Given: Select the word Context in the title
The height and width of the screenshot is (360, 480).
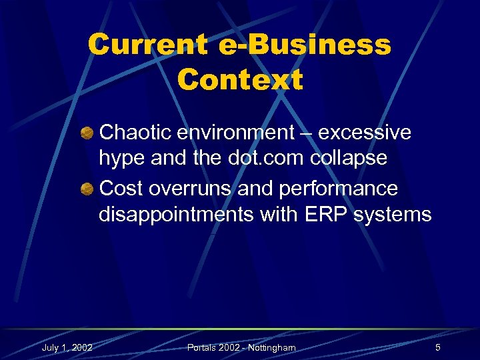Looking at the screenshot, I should click(240, 80).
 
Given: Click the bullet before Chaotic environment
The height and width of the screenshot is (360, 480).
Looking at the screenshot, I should click(87, 133).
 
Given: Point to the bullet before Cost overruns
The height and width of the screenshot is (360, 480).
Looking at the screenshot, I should click(87, 189).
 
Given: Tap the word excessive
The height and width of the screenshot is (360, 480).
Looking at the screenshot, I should click(365, 133).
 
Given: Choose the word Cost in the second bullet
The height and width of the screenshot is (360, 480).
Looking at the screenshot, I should click(121, 189).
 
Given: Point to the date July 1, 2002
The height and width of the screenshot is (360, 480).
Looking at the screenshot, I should click(67, 347).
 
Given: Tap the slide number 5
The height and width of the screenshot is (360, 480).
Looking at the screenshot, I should click(437, 347).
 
